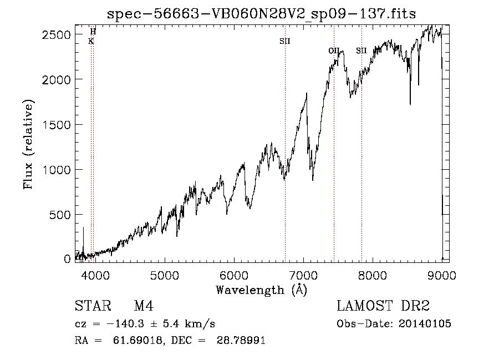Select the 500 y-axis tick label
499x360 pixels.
[x=60, y=214]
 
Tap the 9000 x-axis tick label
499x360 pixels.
[x=442, y=275]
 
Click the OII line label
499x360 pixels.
[x=334, y=50]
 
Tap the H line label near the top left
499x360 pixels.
[x=93, y=32]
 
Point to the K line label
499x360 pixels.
[x=91, y=41]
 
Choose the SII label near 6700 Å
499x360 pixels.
[x=285, y=41]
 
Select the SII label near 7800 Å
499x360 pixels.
[x=361, y=50]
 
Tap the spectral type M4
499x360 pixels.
[x=144, y=306]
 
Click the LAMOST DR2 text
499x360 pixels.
[x=383, y=306]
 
